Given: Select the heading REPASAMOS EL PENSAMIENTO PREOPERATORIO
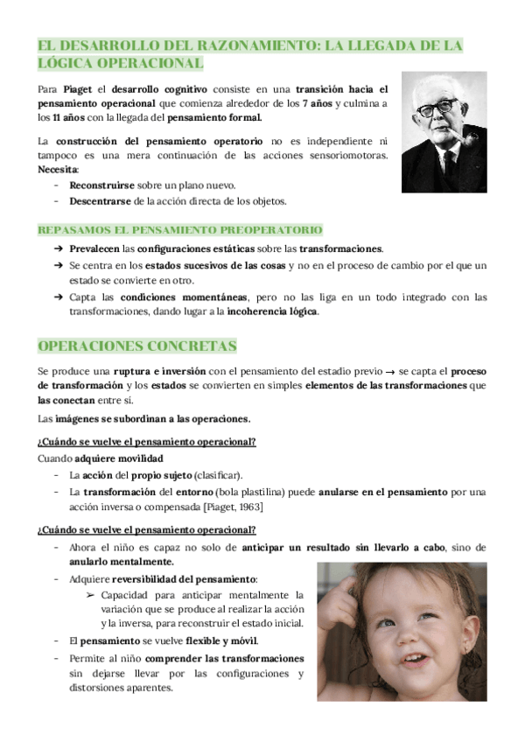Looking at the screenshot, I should point(179,230).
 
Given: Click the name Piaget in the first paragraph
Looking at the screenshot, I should point(78,88).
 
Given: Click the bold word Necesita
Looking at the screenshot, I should point(58,169).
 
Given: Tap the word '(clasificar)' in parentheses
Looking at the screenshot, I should point(219,475).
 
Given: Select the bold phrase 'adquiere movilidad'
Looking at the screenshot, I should point(119,458).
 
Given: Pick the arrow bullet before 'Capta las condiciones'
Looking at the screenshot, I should point(57,297).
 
